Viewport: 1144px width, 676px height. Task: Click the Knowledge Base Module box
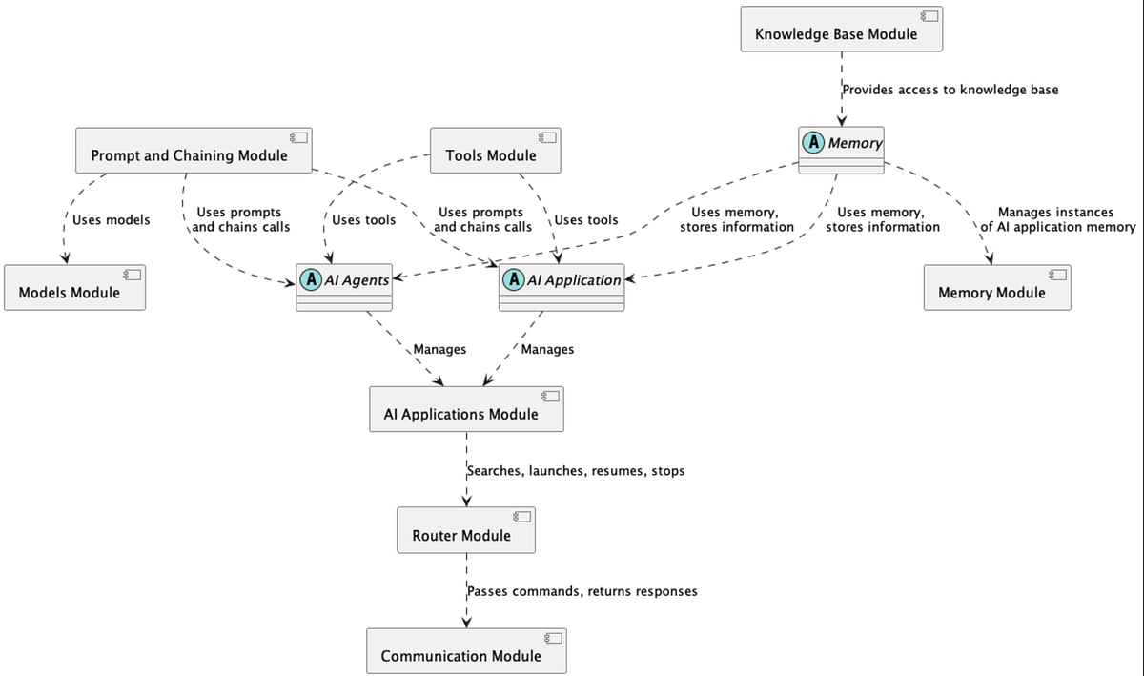coord(841,29)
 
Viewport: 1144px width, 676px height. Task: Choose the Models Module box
coord(74,288)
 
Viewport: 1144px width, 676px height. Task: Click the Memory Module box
coord(996,288)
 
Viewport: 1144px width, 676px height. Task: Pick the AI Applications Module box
coord(466,409)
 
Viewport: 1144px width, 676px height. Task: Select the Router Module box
coord(465,531)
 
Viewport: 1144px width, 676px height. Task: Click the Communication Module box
coord(465,651)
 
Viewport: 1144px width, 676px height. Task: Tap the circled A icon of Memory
coord(813,143)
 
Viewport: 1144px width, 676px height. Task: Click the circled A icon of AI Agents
coord(311,280)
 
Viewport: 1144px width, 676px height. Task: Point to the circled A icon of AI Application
coord(514,280)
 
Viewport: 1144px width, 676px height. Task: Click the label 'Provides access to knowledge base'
coord(950,90)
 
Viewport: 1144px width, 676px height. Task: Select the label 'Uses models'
coord(112,220)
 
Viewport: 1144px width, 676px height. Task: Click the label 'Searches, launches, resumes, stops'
coord(576,471)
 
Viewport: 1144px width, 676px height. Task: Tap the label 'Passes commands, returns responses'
coord(582,591)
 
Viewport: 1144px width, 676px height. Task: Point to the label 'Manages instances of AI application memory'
coord(1058,219)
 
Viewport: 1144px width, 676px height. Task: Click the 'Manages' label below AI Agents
coord(439,349)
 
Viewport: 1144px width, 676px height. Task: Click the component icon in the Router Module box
coord(521,516)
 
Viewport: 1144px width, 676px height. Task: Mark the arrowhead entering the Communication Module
coord(466,623)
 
